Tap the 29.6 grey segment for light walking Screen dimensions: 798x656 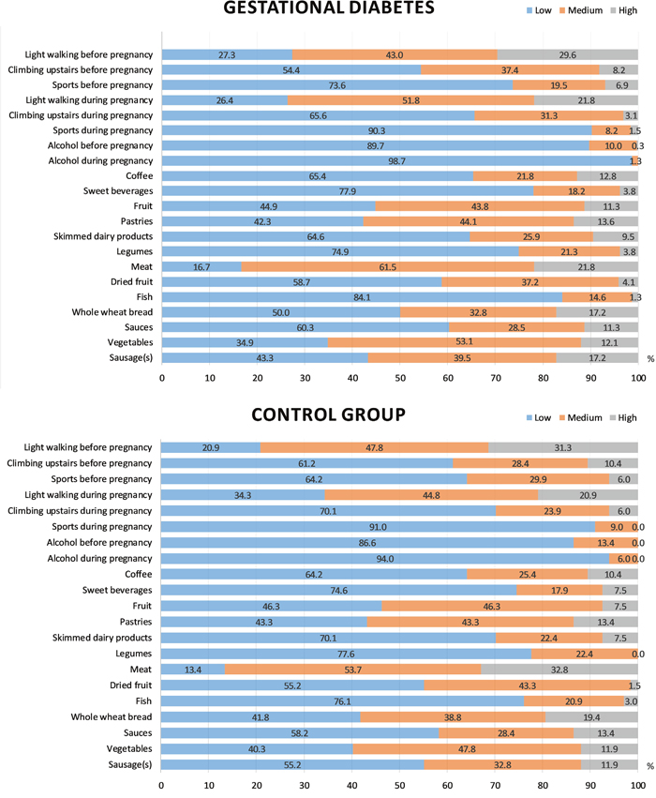[567, 55]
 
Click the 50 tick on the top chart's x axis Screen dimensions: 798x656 [400, 378]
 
